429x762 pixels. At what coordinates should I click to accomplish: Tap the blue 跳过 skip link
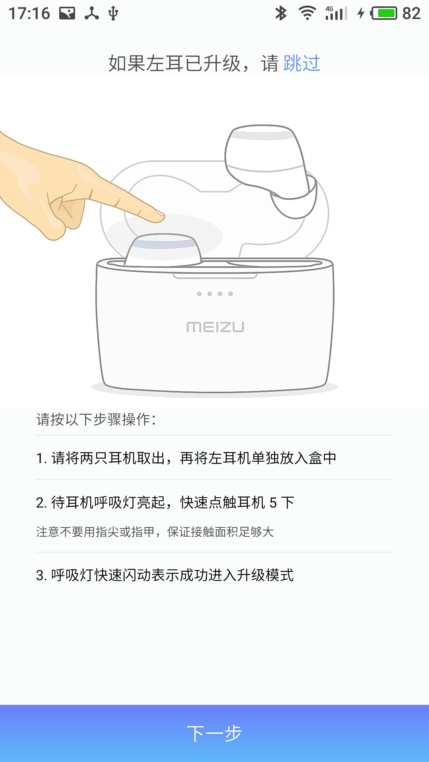coord(302,63)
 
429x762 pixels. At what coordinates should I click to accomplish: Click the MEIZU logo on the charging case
coord(215,327)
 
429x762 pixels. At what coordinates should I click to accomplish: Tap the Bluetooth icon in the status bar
coord(281,13)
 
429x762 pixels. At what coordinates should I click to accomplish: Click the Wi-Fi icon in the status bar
coord(307,13)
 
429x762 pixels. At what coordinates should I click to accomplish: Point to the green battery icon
coord(384,13)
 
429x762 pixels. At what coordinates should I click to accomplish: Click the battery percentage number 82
coord(411,13)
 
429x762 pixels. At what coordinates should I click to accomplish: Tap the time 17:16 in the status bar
coord(29,13)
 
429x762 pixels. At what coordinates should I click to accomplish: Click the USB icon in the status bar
coord(113,13)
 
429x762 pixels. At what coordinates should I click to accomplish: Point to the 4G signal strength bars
coord(336,13)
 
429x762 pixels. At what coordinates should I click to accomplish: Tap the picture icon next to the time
coord(67,13)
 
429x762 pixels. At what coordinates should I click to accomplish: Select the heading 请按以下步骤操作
coord(96,419)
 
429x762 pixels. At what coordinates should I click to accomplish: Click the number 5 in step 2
coord(273,503)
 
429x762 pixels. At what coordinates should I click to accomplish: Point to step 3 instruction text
coord(165,575)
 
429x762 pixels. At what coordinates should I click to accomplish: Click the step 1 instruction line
coord(186,458)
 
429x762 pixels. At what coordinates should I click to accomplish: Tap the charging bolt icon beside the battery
coord(361,13)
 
